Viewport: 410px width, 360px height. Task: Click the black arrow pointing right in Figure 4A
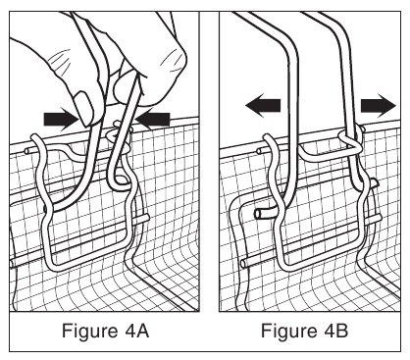coord(61,119)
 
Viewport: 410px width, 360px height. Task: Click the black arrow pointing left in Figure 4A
coord(152,119)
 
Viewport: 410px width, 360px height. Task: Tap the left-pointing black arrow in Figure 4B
coord(263,105)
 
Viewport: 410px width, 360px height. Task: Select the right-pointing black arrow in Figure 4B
coord(379,105)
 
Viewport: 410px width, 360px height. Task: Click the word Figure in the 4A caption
coord(89,331)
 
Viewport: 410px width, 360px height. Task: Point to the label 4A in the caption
coord(136,331)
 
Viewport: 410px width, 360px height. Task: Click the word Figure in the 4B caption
coord(288,331)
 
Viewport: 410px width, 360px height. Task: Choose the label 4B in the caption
coord(335,331)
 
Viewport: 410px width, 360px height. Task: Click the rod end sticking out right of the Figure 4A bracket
coord(144,219)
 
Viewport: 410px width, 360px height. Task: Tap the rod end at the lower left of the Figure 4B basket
coord(244,263)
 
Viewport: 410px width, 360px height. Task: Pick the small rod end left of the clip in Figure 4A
coord(27,150)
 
